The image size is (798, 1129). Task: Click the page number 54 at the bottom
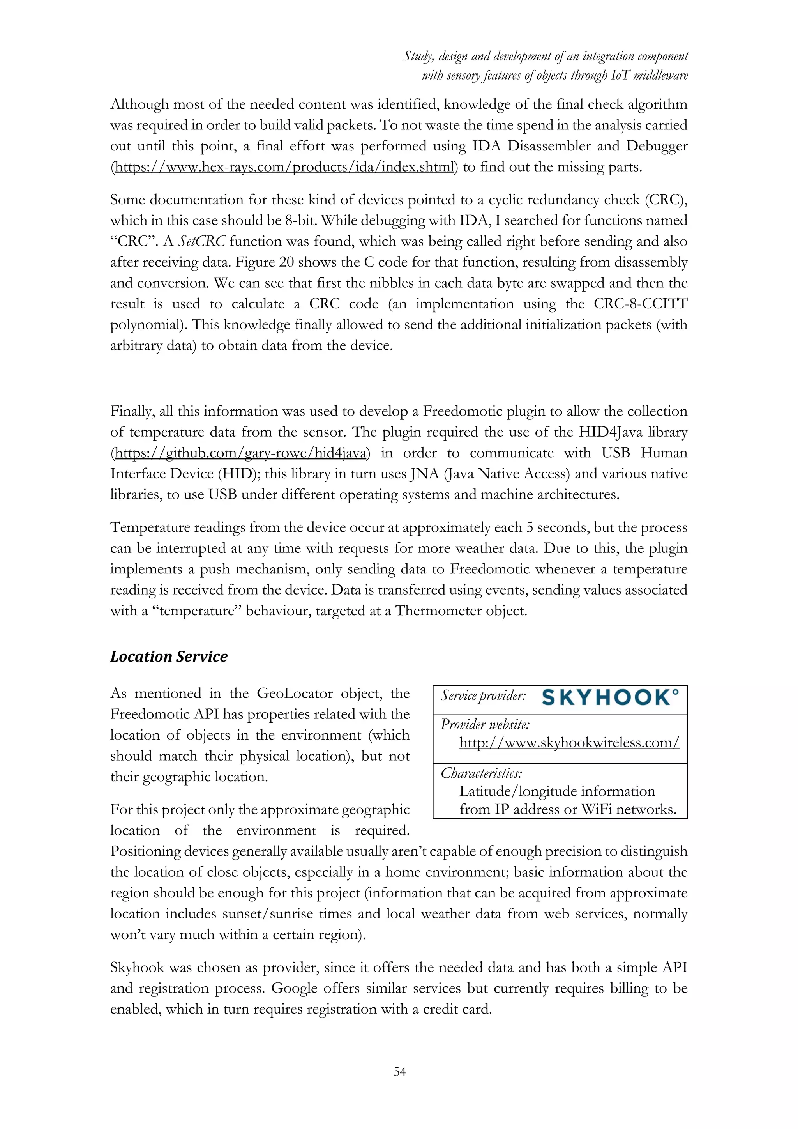click(x=399, y=1071)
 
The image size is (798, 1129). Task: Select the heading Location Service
click(x=169, y=657)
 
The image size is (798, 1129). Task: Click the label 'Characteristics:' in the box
click(x=481, y=773)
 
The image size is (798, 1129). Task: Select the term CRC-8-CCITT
click(x=640, y=304)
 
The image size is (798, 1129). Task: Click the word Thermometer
click(x=441, y=611)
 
